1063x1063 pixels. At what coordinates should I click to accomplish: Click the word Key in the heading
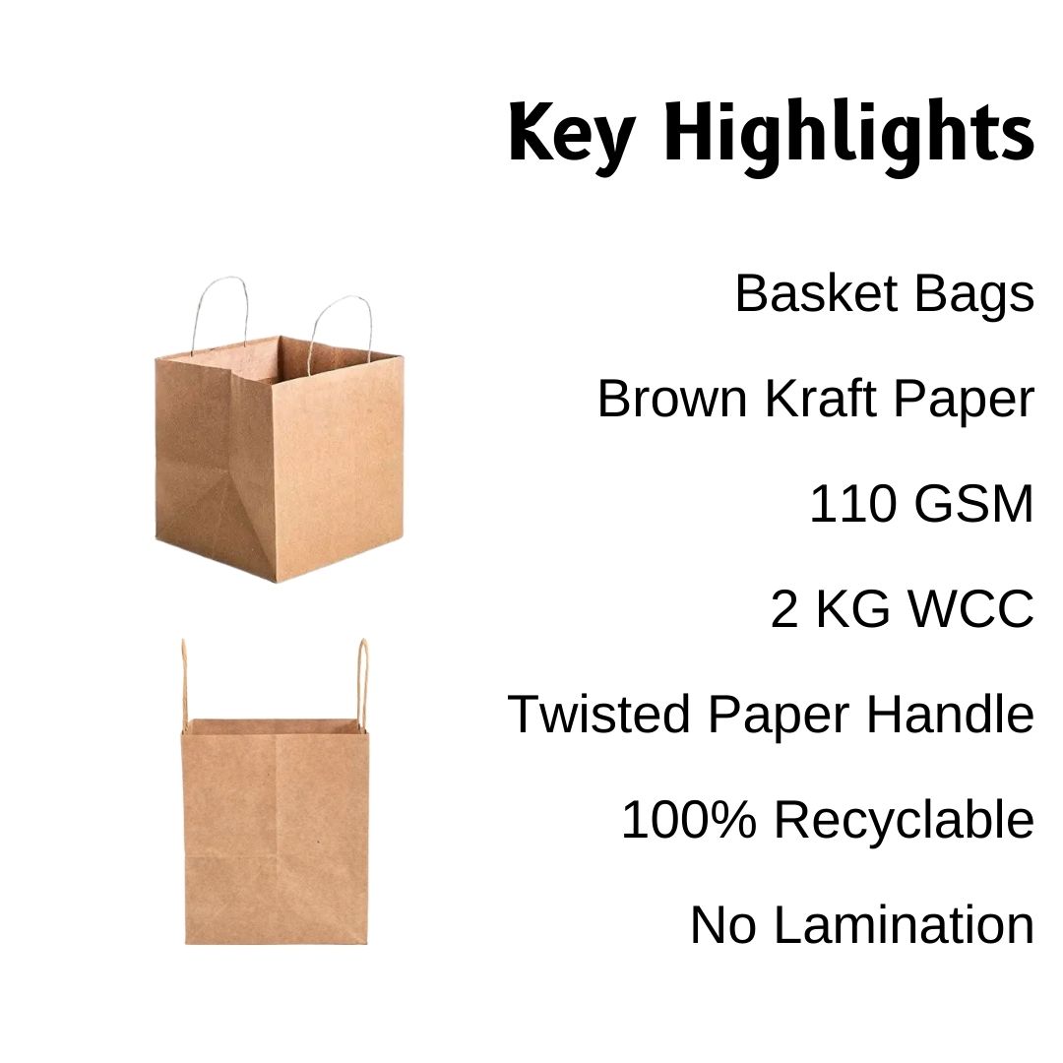click(x=572, y=135)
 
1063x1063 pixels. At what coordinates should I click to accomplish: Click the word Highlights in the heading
click(x=848, y=136)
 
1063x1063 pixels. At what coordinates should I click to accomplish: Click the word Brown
click(x=672, y=399)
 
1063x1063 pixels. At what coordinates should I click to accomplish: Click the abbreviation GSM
click(x=972, y=504)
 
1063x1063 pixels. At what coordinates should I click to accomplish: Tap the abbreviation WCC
click(x=970, y=609)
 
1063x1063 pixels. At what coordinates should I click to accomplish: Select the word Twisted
click(x=599, y=714)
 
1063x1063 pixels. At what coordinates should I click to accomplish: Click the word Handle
click(x=951, y=714)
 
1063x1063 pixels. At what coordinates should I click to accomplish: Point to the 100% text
click(x=688, y=819)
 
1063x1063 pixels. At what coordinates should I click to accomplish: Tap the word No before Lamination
click(x=722, y=924)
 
